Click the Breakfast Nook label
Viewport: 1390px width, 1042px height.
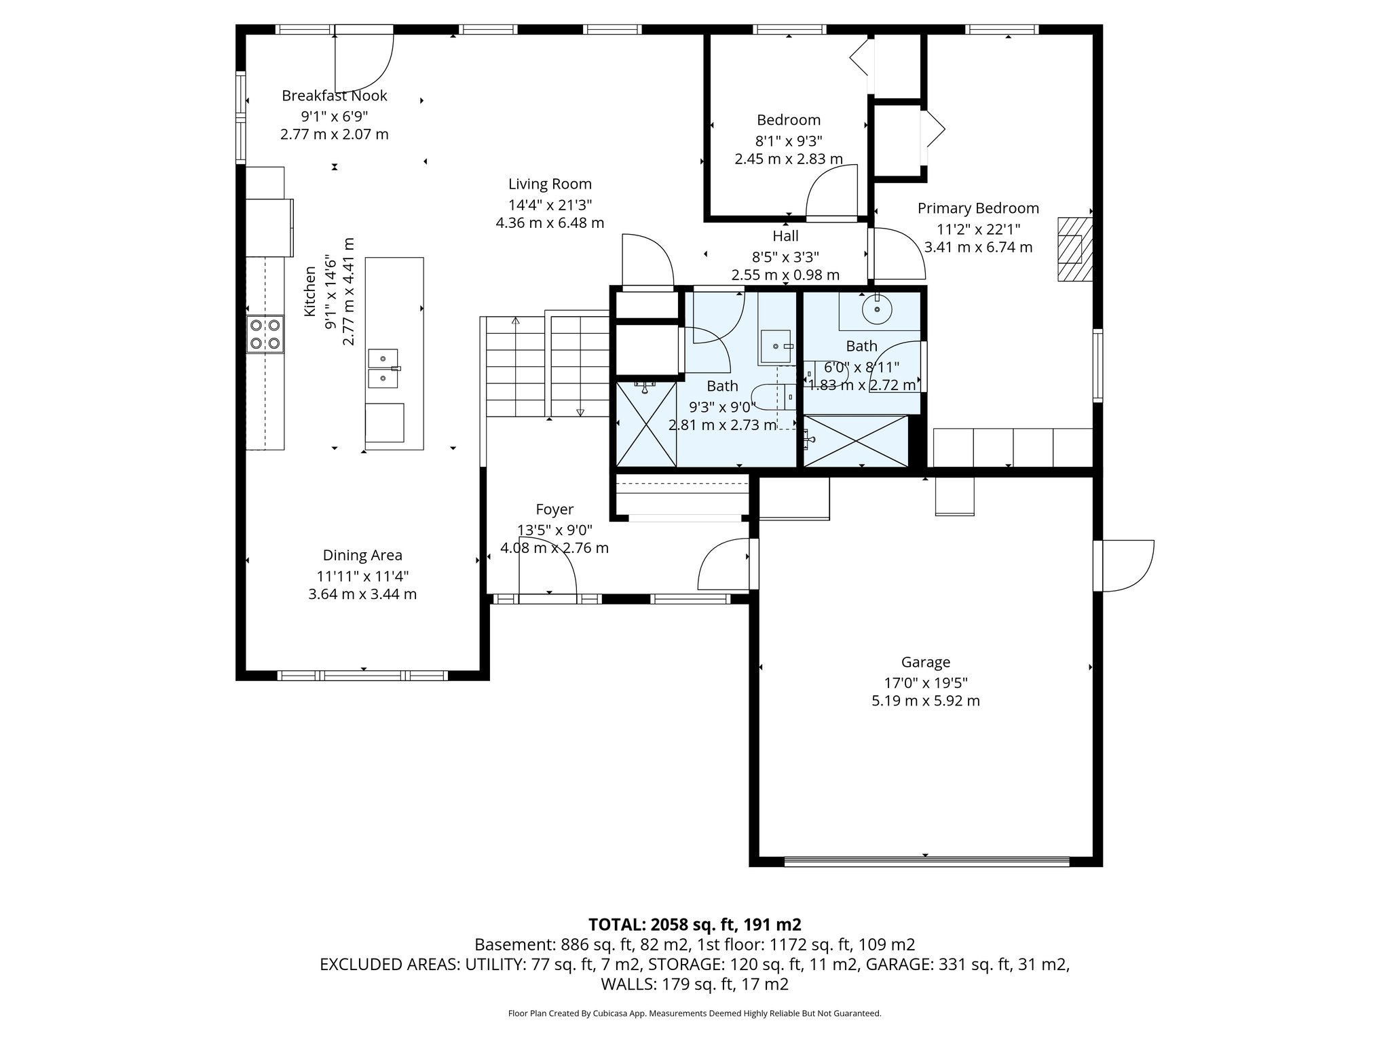tap(334, 96)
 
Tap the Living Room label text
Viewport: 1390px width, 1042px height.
tap(550, 184)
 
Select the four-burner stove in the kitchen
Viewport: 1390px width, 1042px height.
tap(265, 334)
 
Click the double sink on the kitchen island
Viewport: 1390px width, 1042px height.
tap(383, 368)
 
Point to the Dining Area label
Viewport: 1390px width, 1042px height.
tap(362, 556)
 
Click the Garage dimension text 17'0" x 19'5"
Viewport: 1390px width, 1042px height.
tap(925, 682)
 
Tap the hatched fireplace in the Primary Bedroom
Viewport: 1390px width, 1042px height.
tap(1074, 249)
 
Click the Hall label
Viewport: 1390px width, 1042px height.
tap(785, 236)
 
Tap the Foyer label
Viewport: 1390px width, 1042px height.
tap(555, 509)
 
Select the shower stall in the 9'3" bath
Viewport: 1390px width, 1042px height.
tap(646, 424)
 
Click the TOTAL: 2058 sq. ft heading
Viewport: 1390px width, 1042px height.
tap(694, 925)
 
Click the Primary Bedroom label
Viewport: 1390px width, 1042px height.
tap(978, 208)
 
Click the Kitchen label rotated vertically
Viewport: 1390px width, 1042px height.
tap(310, 292)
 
